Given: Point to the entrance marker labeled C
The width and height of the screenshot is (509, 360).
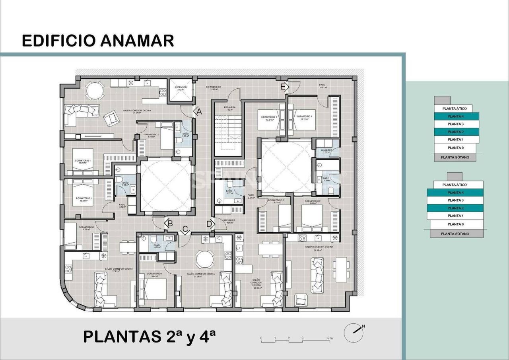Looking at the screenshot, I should click(185, 230).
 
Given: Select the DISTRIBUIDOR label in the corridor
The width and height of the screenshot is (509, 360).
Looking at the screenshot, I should click(213, 87).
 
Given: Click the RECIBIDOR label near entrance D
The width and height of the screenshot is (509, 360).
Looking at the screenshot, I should click(229, 220).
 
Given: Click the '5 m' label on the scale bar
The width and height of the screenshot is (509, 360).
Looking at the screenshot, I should click(330, 338).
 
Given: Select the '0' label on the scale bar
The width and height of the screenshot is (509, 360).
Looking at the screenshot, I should click(261, 338).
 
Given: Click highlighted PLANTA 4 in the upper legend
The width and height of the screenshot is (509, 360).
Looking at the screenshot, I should click(456, 117).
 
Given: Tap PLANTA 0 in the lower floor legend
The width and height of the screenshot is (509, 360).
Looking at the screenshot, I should click(455, 224).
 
